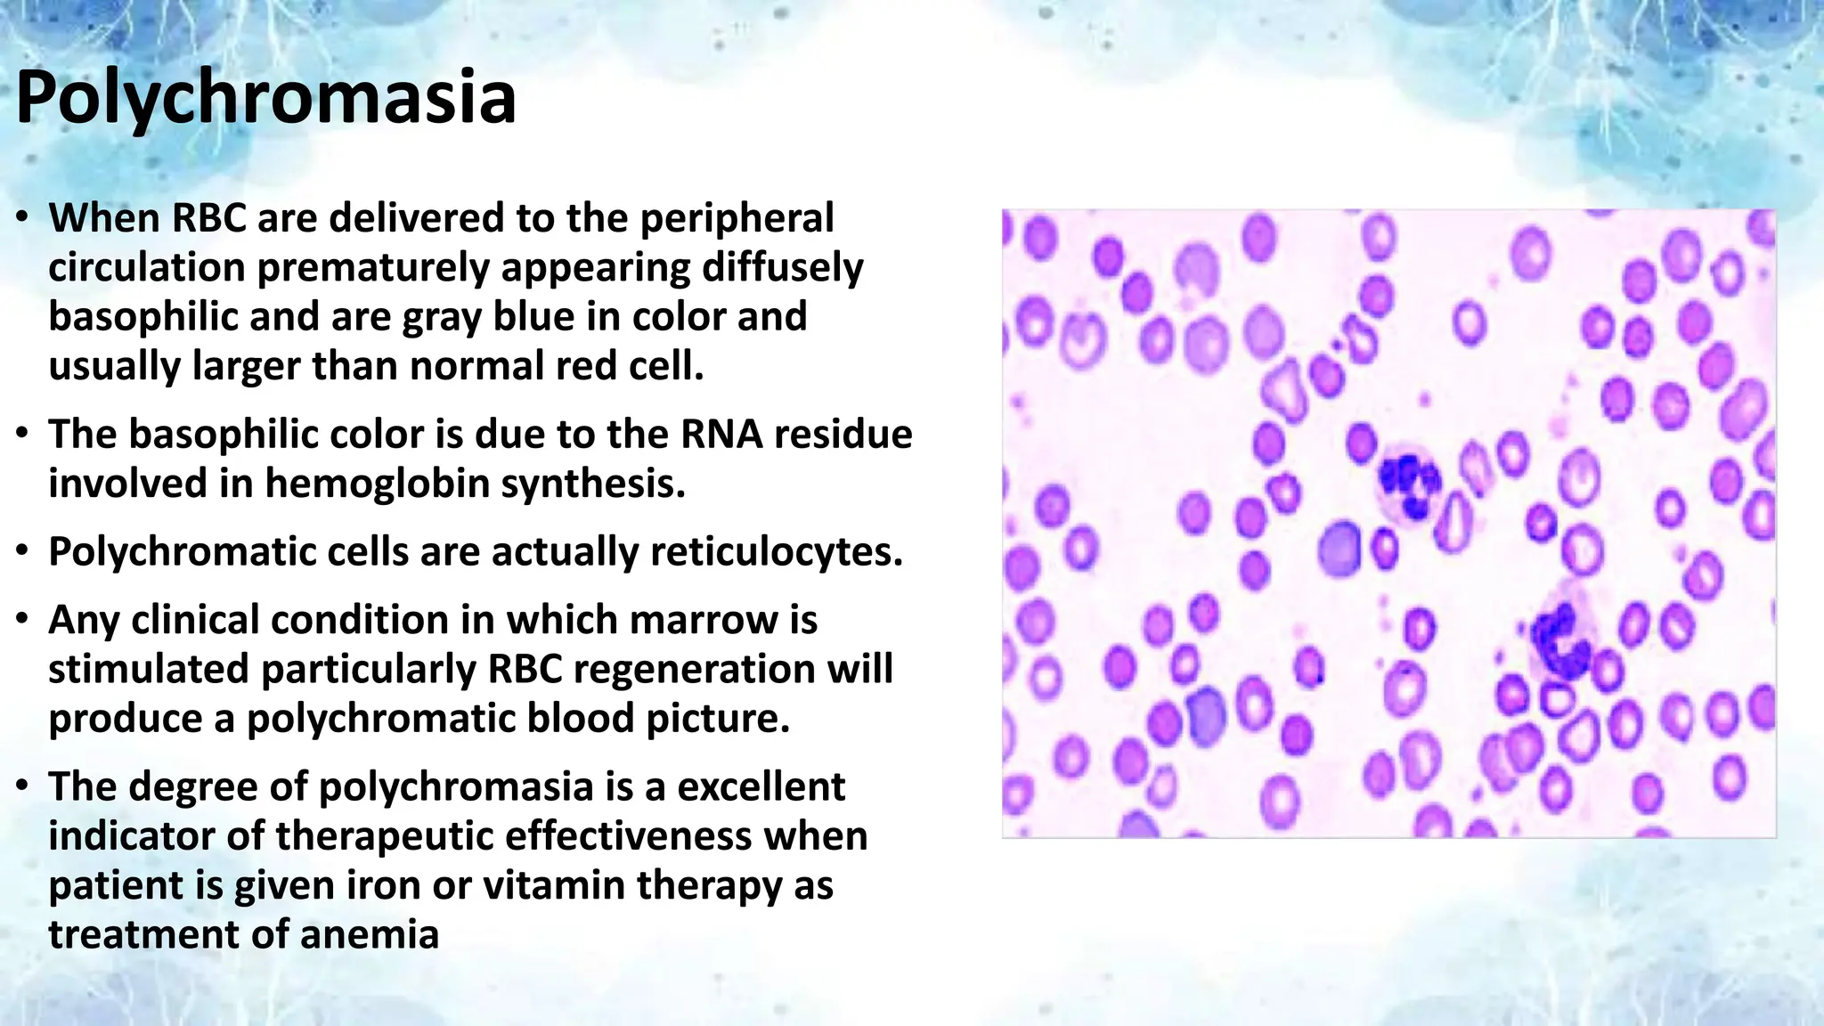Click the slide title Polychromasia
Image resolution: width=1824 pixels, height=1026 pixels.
coord(265,98)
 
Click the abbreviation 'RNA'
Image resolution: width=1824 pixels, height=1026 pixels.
coord(721,435)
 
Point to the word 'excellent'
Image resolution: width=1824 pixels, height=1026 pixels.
coord(761,786)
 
